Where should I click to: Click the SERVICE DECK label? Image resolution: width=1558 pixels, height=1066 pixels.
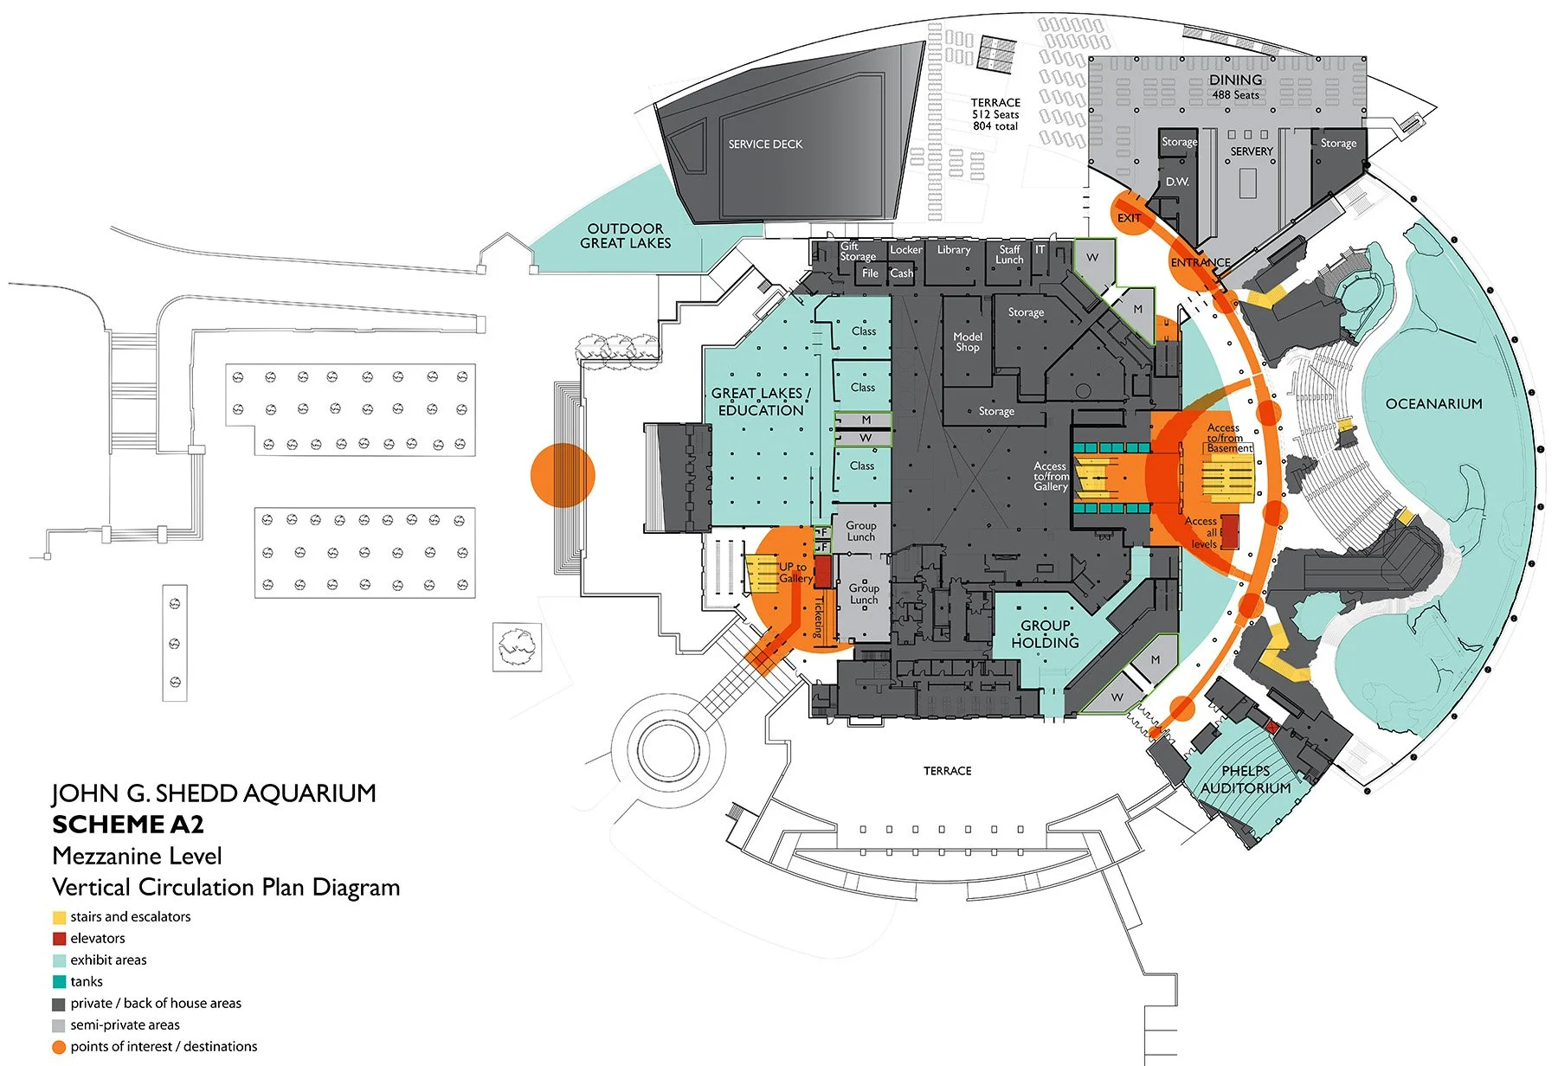[x=765, y=144]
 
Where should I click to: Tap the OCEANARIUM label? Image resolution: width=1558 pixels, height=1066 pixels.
[x=1433, y=404]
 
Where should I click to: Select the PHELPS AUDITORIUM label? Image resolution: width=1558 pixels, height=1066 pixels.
[x=1246, y=780]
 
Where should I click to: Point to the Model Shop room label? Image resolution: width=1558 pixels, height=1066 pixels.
[x=968, y=342]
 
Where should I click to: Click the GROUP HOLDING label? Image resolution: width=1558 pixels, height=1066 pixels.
[x=1045, y=634]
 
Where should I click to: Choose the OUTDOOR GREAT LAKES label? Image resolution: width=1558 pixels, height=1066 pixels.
[x=625, y=236]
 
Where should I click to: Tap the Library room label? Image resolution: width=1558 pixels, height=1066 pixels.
[x=954, y=250]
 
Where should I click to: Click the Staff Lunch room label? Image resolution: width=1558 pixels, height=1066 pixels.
[x=1009, y=254]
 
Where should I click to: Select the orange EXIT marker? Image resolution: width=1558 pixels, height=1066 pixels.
[x=1129, y=217]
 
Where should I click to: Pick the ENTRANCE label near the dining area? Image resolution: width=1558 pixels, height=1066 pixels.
[x=1200, y=262]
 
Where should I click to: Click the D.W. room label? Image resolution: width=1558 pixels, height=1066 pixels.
[x=1177, y=182]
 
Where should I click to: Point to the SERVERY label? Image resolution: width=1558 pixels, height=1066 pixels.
[x=1252, y=151]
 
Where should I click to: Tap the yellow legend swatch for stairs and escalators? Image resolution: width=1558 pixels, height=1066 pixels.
[x=59, y=917]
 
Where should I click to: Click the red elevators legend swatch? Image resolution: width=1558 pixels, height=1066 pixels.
[x=59, y=939]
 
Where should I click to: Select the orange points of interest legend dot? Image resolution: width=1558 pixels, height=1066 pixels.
[x=59, y=1047]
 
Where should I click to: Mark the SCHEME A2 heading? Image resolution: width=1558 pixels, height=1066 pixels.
[x=128, y=825]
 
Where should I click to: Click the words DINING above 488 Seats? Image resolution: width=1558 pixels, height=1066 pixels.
[x=1235, y=80]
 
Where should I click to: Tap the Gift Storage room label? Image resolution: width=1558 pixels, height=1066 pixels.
[x=857, y=252]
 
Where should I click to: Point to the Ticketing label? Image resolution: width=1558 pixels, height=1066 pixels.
[x=818, y=617]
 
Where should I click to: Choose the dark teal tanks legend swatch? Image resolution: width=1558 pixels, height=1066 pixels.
[x=59, y=982]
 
